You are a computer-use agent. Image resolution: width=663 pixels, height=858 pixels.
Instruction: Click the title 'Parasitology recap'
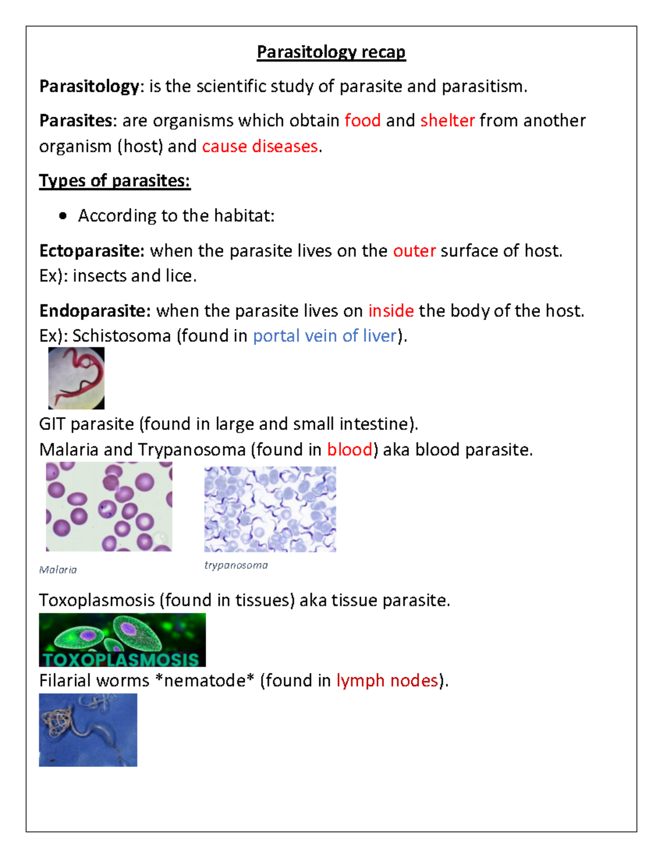click(x=331, y=52)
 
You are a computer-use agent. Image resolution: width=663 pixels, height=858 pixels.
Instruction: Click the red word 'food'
click(x=362, y=120)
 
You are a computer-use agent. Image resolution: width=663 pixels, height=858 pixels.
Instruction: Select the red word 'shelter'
click(x=448, y=120)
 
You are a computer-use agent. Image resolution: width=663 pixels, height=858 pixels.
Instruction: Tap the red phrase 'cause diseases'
click(x=260, y=146)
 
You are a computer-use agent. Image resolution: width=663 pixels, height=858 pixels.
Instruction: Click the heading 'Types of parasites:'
click(x=114, y=181)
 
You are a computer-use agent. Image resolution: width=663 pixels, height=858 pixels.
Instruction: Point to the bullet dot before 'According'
click(x=63, y=216)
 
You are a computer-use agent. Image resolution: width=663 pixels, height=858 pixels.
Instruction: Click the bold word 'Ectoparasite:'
click(x=92, y=251)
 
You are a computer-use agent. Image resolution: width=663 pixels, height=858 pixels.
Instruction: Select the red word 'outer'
click(x=414, y=251)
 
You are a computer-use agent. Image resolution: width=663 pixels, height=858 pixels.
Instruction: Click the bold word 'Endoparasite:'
click(x=94, y=311)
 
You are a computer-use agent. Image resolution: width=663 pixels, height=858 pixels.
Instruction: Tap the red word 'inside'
click(x=391, y=311)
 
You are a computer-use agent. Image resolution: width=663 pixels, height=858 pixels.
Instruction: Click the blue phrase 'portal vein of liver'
click(x=325, y=336)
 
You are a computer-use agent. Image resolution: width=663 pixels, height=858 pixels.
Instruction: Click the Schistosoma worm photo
click(x=76, y=378)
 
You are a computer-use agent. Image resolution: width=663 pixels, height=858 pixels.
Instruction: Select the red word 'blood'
click(x=349, y=450)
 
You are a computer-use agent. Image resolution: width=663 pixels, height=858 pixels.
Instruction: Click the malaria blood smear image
click(x=109, y=507)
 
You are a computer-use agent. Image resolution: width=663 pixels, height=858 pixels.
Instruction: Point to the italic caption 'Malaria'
click(x=58, y=570)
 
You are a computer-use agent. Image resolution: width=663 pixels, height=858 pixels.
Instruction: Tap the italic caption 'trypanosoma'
click(x=236, y=565)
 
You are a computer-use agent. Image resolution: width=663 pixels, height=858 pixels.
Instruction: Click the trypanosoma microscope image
click(x=270, y=509)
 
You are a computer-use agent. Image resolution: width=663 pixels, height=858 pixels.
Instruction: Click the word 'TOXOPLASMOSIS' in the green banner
click(x=121, y=659)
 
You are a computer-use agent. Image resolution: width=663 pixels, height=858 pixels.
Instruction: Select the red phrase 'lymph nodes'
click(x=387, y=681)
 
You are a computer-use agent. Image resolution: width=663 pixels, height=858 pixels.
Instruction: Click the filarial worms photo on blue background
click(x=88, y=730)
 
